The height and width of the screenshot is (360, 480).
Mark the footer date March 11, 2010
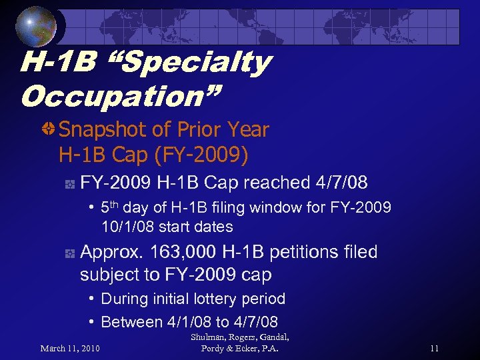click(71, 348)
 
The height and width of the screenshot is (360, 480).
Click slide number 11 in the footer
click(434, 348)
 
